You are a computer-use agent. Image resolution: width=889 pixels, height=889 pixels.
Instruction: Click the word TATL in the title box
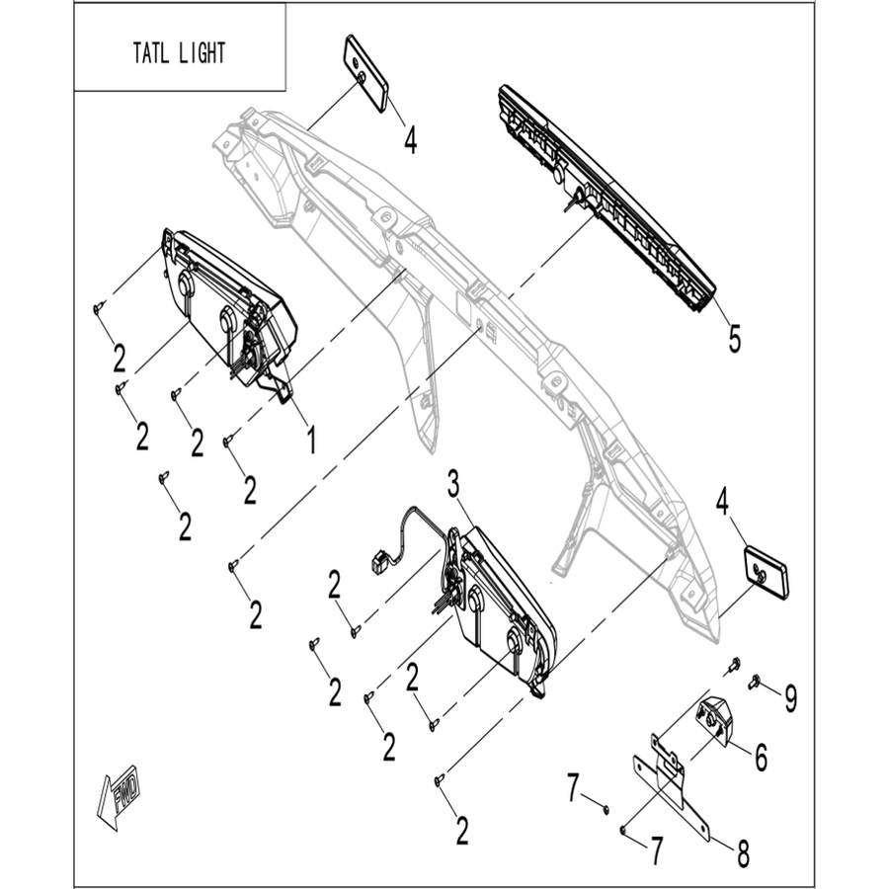point(149,53)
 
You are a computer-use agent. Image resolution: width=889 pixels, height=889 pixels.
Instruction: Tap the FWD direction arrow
point(119,797)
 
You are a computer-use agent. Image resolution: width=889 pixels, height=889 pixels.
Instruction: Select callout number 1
point(311,440)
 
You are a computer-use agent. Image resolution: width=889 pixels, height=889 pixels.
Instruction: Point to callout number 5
point(735,339)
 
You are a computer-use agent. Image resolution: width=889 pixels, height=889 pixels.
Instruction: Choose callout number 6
point(761,757)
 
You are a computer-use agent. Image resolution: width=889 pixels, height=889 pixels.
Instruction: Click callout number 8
point(743,852)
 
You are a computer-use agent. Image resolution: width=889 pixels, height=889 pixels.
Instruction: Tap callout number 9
point(791,698)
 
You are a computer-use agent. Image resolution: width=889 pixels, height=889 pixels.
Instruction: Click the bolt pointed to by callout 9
point(755,681)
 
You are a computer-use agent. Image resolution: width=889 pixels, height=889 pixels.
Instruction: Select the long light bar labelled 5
point(606,199)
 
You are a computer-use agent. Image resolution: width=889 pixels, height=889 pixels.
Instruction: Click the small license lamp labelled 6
point(714,719)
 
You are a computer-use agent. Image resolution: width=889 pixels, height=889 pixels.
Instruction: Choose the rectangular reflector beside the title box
point(365,73)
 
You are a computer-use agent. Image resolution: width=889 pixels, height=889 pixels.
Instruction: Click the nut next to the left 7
point(606,809)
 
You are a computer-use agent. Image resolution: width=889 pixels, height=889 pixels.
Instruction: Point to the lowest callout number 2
point(462,831)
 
